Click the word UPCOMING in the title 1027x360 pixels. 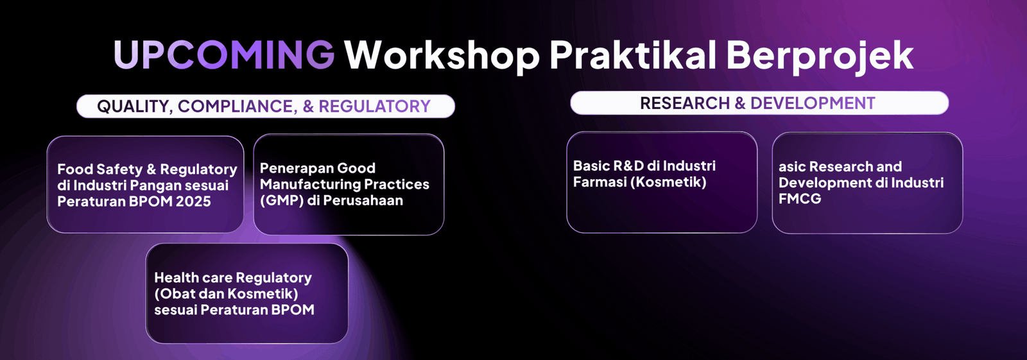click(x=224, y=55)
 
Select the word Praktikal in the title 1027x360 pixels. click(x=633, y=55)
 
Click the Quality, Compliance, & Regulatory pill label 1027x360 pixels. click(x=266, y=107)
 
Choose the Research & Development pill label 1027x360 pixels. click(x=759, y=103)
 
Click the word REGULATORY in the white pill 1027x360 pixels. click(x=375, y=107)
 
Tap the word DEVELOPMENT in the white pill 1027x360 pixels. click(x=813, y=103)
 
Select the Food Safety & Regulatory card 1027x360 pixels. click(x=145, y=184)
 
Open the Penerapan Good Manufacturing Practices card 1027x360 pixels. click(x=349, y=184)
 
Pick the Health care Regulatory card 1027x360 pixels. click(x=247, y=293)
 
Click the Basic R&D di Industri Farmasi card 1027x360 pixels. click(x=662, y=182)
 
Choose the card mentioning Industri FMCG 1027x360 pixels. click(x=867, y=183)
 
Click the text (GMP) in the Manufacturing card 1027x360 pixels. click(x=282, y=200)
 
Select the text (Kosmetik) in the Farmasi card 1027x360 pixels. click(x=668, y=182)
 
